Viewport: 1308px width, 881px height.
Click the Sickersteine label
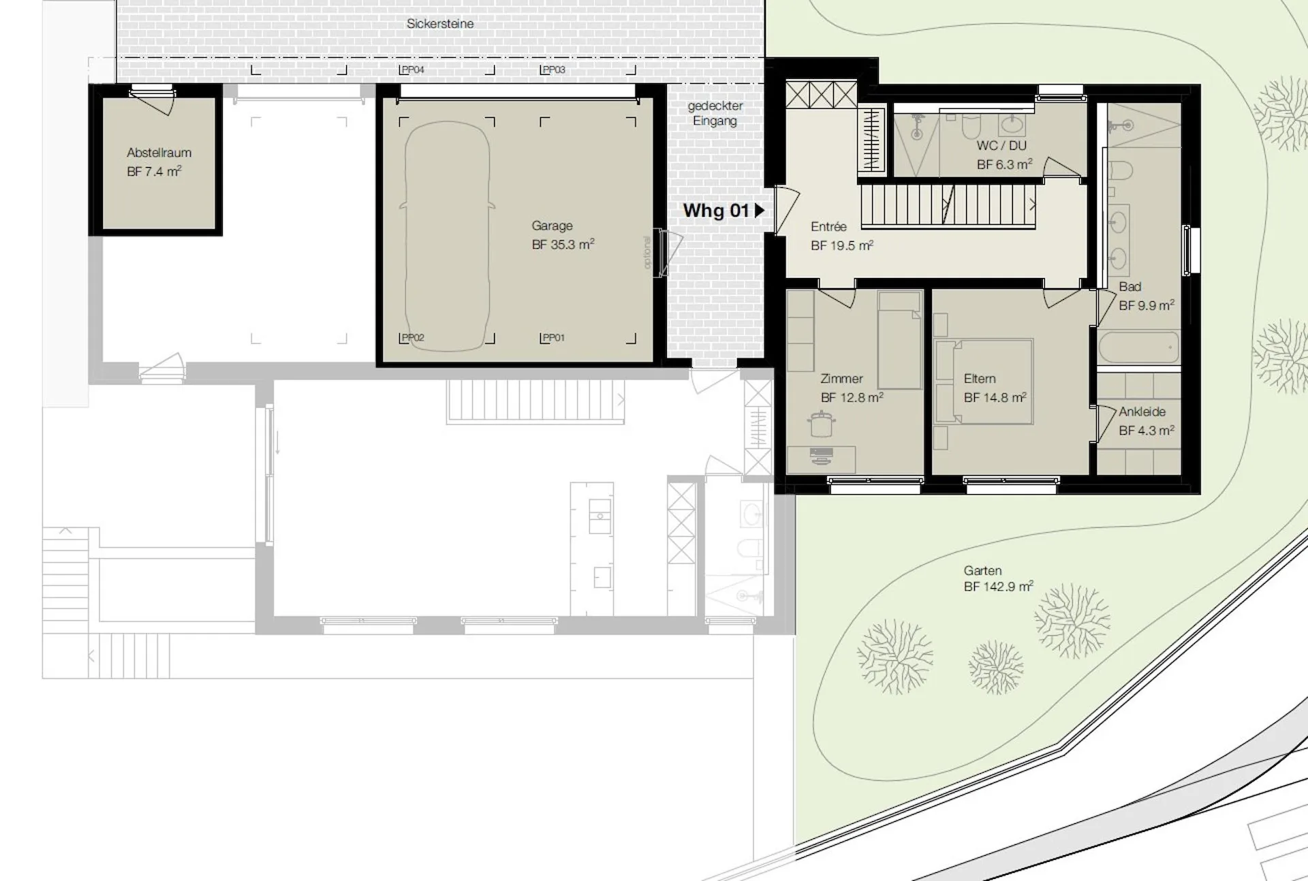[440, 24]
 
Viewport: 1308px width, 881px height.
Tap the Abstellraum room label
[159, 153]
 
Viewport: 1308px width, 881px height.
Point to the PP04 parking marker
[413, 69]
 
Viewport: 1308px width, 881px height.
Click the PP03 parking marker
[554, 69]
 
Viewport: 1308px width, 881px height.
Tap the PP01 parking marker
[554, 337]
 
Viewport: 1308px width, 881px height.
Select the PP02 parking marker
[413, 337]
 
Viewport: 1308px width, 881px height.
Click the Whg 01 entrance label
[716, 211]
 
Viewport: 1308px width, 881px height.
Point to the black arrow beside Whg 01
[760, 211]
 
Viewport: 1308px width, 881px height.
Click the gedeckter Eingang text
[715, 113]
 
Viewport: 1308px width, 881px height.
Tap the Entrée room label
[828, 226]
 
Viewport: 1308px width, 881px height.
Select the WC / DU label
[1001, 145]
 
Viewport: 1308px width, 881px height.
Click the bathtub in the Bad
[1138, 347]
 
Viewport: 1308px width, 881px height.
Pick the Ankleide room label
[1142, 412]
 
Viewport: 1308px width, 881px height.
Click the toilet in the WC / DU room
[971, 127]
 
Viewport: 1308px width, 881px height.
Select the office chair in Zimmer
[822, 424]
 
